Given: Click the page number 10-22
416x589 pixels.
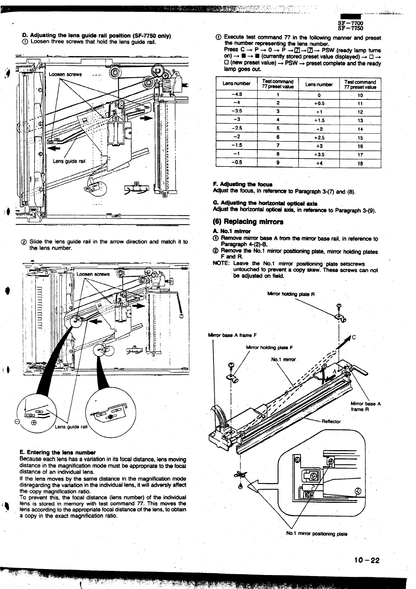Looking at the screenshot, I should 366,560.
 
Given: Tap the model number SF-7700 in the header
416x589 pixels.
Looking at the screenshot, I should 351,23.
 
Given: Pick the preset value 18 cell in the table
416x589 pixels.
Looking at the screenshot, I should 360,163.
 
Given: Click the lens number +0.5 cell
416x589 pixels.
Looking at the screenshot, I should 319,103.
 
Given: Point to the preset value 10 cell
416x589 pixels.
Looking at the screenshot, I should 360,95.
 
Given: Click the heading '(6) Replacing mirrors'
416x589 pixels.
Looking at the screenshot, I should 248,222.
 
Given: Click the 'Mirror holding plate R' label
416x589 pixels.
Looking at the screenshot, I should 291,294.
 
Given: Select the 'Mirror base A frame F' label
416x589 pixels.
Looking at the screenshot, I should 232,335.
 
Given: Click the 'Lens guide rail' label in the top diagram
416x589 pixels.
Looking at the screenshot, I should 69,161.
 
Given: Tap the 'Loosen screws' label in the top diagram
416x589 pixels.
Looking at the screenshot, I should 65,74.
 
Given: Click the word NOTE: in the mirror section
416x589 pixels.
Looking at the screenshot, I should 221,264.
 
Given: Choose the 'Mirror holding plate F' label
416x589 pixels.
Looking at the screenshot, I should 269,347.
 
